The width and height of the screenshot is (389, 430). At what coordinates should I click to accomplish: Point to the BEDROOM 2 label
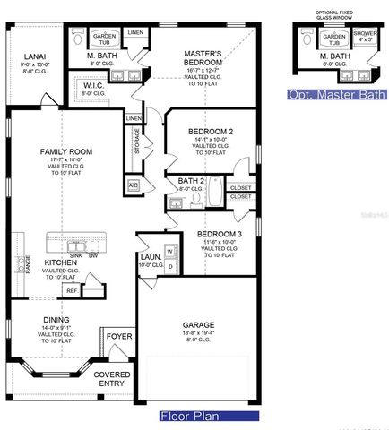[211, 132]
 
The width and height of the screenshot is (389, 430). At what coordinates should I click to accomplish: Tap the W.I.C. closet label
[94, 86]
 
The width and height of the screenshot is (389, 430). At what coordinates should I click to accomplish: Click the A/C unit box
[134, 185]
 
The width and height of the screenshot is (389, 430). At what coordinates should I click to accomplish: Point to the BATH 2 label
[179, 181]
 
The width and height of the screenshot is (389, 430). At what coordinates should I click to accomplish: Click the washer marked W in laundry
[169, 251]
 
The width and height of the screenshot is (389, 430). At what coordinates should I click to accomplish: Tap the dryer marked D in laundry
[169, 266]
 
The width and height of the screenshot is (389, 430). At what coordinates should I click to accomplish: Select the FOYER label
[119, 337]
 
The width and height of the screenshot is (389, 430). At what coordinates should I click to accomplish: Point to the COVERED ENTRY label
[112, 379]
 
